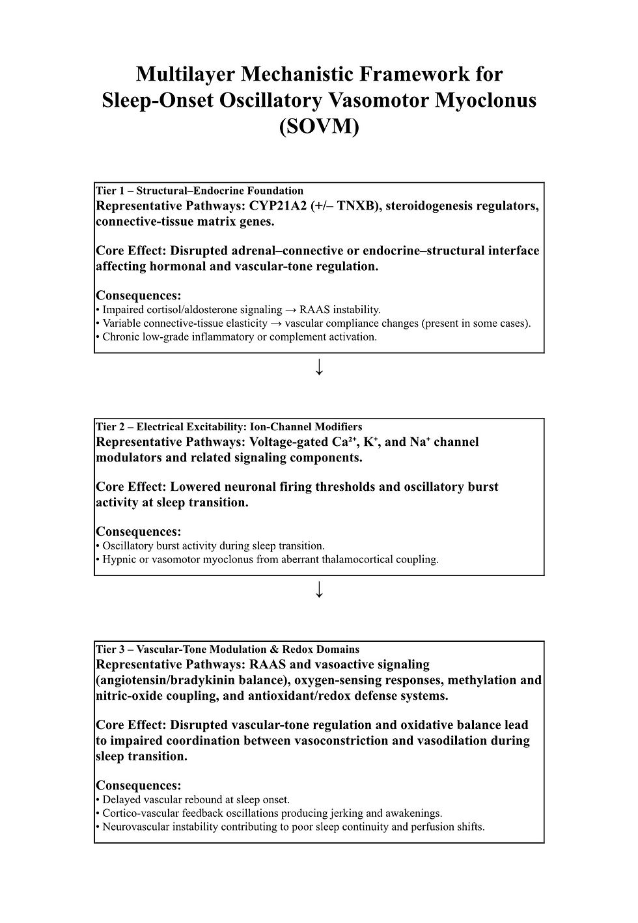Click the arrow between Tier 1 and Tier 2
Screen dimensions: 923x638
coord(319,368)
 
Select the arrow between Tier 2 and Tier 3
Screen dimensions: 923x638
coord(319,590)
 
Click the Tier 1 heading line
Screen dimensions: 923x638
coord(199,191)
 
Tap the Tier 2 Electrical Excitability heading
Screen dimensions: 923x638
coord(229,427)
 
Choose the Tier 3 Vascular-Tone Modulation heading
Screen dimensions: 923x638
coord(227,649)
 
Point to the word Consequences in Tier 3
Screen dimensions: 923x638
coord(139,785)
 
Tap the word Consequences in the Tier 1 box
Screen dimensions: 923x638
coord(139,296)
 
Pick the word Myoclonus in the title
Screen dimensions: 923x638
coord(485,100)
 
